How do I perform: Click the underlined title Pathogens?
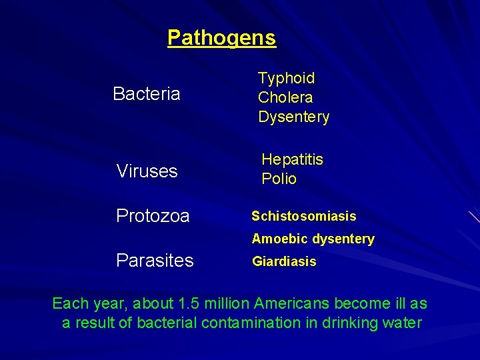tap(221, 37)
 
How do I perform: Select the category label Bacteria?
tap(147, 94)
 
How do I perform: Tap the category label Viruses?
tap(147, 171)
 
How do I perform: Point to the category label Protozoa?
tap(153, 216)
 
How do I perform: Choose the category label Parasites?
tap(155, 260)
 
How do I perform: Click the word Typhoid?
tap(287, 78)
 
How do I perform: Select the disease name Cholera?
tap(285, 97)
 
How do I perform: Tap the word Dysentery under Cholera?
tap(294, 117)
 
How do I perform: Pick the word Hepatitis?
tap(292, 159)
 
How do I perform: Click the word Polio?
tap(279, 179)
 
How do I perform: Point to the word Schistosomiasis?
tap(303, 216)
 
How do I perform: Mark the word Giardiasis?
tap(284, 261)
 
